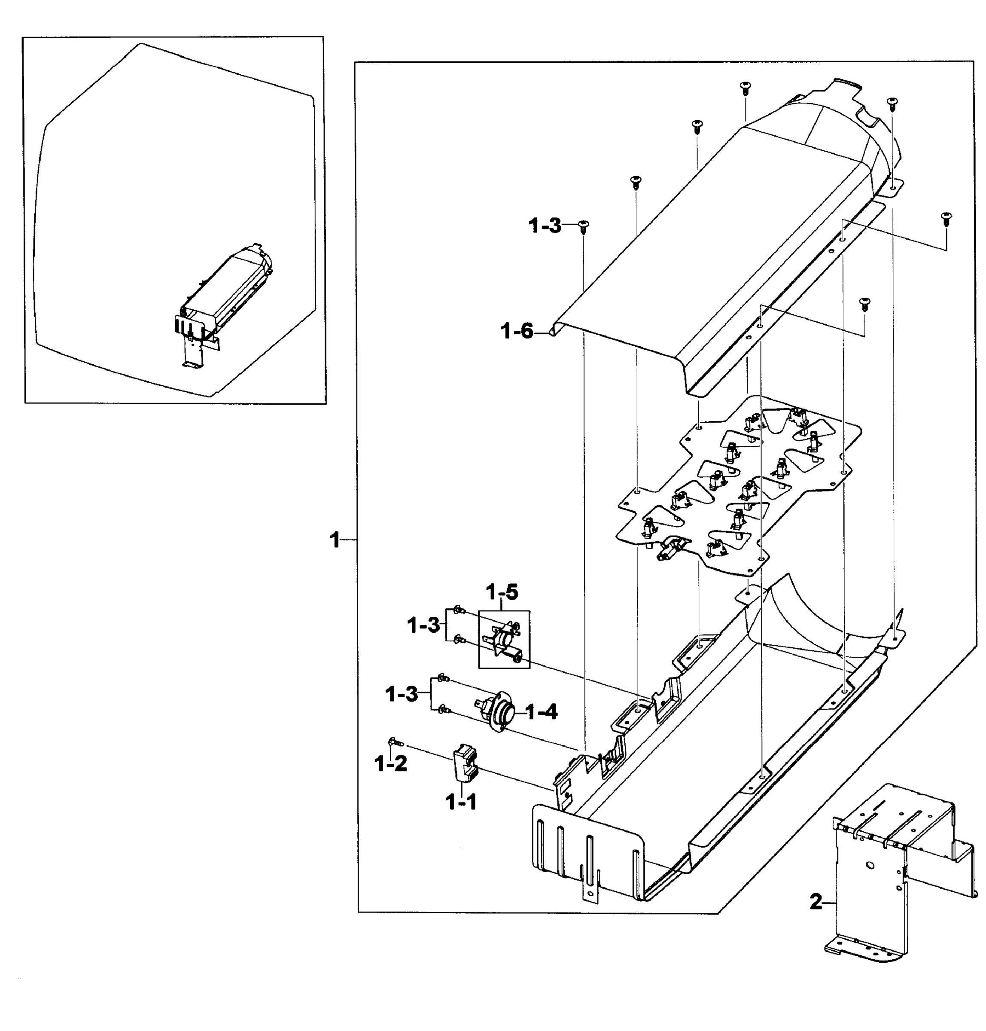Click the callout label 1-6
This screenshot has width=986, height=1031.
coord(517,332)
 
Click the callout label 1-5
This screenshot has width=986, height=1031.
coord(502,592)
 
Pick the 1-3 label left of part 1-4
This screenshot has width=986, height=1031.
coord(402,695)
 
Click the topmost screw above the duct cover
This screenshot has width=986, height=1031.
coord(744,87)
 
